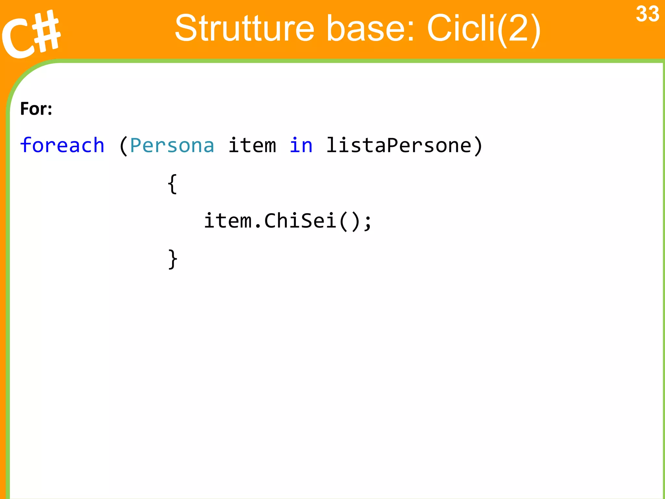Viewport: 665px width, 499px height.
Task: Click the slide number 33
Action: (x=647, y=14)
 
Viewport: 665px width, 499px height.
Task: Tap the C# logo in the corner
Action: (x=31, y=34)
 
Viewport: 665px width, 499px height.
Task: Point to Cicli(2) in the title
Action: (x=484, y=29)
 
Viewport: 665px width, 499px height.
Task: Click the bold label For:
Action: (x=36, y=109)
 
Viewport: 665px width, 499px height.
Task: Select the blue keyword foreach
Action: (x=62, y=145)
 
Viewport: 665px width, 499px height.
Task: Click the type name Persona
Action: (x=172, y=146)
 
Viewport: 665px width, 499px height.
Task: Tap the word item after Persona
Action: (x=252, y=145)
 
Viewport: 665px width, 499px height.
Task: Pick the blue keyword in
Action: (x=301, y=145)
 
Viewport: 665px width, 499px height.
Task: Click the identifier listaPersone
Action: (x=398, y=145)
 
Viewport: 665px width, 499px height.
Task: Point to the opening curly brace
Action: (x=172, y=184)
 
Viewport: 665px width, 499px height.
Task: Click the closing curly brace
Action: (x=172, y=259)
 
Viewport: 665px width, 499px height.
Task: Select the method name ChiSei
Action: (x=300, y=221)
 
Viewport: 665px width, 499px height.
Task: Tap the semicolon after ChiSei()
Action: (x=368, y=223)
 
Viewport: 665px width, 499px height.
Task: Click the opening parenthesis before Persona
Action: (x=123, y=146)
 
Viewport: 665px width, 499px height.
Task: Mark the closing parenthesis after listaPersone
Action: (x=478, y=146)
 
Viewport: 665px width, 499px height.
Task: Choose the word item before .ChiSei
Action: (x=228, y=221)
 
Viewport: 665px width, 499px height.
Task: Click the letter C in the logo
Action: (x=18, y=39)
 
